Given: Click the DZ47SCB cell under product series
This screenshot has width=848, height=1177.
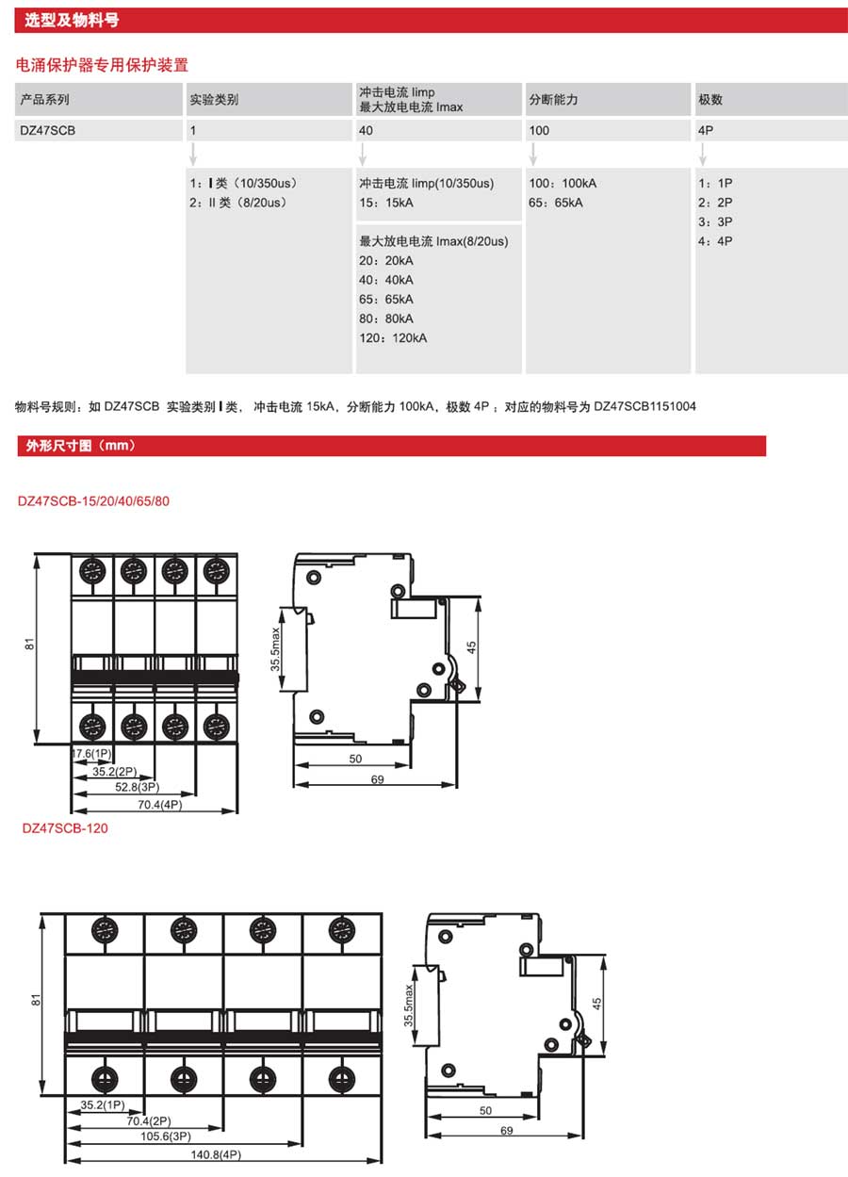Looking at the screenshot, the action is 98,130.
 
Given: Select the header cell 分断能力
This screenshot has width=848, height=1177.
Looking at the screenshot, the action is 608,99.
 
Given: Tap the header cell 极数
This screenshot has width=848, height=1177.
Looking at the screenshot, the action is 772,99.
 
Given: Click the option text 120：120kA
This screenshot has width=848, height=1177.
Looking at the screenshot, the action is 393,338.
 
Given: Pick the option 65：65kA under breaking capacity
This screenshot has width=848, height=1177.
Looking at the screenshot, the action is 555,203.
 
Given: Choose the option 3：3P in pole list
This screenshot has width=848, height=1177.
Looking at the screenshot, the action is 715,221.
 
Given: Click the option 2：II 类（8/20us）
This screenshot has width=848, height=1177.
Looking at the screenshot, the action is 239,203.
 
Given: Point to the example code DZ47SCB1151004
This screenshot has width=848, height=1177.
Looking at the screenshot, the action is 644,406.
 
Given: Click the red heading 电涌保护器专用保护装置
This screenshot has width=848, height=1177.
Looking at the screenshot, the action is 102,65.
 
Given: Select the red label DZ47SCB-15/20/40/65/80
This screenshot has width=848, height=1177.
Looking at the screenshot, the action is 93,500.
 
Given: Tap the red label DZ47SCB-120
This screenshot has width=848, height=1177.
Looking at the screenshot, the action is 65,828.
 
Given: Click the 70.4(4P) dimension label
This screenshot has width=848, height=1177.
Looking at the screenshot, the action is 160,805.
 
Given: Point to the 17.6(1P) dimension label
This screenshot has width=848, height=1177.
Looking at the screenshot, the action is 91,754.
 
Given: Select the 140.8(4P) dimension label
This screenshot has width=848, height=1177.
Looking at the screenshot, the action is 216,1154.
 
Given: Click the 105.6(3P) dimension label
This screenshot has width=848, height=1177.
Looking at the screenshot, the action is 166,1136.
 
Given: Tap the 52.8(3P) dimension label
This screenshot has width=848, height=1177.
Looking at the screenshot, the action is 138,787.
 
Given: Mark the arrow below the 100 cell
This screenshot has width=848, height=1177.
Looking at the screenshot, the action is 532,154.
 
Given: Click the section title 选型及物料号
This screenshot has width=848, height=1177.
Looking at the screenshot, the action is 72,21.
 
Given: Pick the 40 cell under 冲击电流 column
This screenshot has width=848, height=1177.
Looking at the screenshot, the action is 439,130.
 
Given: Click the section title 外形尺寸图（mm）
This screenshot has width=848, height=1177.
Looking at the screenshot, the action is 80,446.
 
